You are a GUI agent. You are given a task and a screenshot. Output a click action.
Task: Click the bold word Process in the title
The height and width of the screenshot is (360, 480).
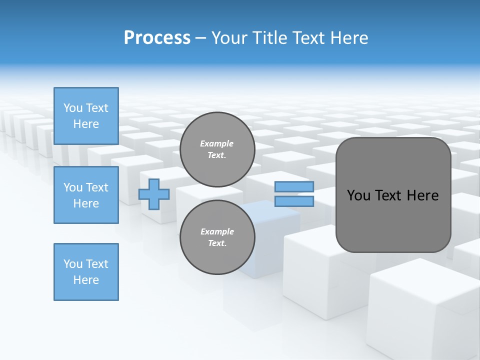click(157, 38)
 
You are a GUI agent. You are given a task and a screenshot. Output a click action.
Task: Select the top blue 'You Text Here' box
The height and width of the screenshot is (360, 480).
click(86, 116)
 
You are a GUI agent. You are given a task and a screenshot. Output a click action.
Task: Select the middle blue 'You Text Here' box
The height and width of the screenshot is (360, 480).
click(86, 195)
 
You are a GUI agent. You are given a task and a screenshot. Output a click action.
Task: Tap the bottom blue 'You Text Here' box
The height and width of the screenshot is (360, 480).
click(86, 272)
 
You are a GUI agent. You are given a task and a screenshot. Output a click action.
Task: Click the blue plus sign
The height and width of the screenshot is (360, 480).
click(154, 194)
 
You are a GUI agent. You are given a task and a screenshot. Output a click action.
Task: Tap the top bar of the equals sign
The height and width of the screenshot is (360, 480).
click(294, 187)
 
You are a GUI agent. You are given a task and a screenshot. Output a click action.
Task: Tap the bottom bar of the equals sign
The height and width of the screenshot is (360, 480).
click(294, 201)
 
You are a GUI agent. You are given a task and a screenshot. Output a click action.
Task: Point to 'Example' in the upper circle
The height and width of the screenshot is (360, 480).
click(217, 143)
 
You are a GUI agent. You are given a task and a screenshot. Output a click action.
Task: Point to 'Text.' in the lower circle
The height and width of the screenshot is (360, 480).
click(217, 243)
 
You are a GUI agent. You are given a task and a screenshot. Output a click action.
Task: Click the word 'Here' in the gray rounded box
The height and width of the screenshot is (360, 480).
click(422, 195)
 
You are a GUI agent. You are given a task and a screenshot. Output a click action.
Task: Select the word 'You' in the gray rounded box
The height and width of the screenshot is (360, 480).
click(358, 195)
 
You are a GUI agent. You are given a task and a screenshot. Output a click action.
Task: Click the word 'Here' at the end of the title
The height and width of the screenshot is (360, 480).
click(349, 38)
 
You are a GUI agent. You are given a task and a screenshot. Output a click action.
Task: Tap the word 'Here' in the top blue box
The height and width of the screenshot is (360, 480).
click(86, 124)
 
